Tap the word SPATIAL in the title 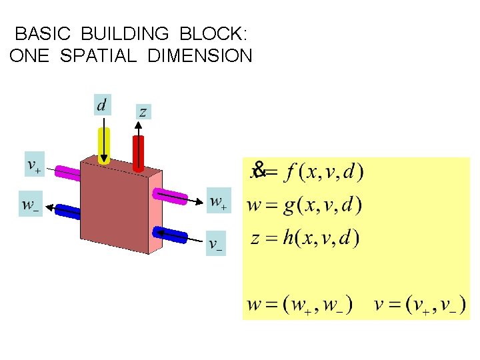point(97,55)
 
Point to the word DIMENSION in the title point(200,55)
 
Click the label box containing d point(102,105)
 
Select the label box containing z point(143,111)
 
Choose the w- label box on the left point(30,205)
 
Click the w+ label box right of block point(218,201)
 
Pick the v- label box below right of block point(215,245)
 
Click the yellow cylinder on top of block point(104,145)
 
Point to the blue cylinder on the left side point(67,212)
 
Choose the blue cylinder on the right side point(170,235)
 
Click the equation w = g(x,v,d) point(304,204)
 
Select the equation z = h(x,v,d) point(305,238)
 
